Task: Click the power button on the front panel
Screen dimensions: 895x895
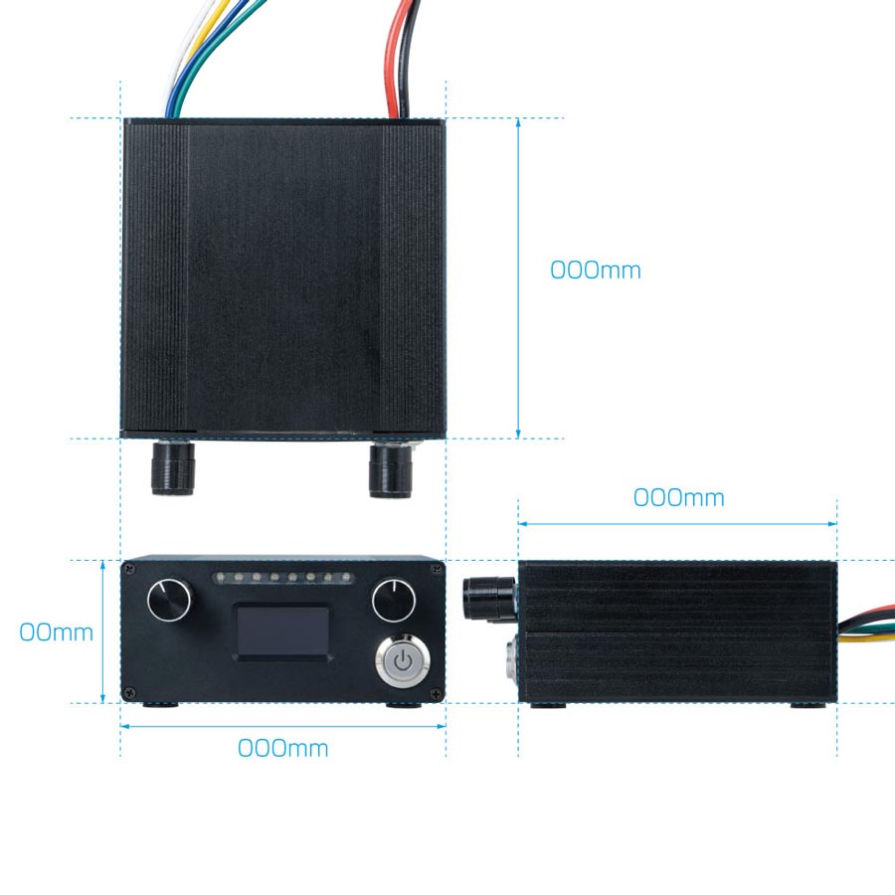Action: click(403, 661)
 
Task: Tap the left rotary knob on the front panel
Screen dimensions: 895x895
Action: click(169, 600)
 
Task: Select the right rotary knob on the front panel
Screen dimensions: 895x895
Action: click(394, 600)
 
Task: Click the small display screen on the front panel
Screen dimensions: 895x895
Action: click(283, 631)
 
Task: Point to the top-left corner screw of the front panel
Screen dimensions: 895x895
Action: click(130, 568)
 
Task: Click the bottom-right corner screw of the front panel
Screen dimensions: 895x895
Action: click(437, 694)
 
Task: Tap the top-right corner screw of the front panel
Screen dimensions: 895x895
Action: click(437, 568)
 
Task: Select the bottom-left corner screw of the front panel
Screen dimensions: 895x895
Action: click(130, 694)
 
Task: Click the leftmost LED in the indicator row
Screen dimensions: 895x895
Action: click(221, 578)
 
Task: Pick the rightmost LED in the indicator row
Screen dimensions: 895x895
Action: click(346, 578)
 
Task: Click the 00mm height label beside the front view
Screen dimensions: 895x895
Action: click(56, 632)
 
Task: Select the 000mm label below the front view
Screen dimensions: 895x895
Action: click(283, 748)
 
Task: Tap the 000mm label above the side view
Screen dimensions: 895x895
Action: click(678, 498)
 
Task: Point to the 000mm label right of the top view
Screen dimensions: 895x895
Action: click(596, 269)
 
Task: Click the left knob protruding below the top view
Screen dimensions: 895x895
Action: click(172, 467)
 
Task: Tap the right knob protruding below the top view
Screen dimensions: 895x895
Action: click(391, 469)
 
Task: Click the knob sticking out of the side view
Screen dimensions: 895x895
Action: click(488, 598)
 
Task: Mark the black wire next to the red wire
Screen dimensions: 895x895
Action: click(408, 57)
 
